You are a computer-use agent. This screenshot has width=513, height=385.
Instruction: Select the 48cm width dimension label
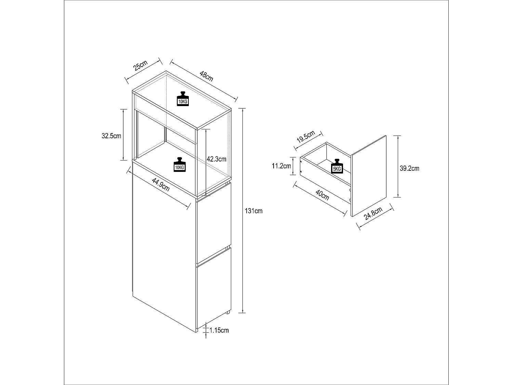pyautogui.click(x=207, y=76)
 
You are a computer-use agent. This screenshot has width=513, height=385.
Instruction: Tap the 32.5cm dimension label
pyautogui.click(x=111, y=136)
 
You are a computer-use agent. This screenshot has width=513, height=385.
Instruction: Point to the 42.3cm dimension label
pyautogui.click(x=216, y=159)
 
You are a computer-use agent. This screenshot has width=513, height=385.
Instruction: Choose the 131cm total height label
pyautogui.click(x=254, y=211)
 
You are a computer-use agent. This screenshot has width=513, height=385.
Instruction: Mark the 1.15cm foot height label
pyautogui.click(x=219, y=330)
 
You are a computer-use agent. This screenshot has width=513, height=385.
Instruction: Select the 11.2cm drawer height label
pyautogui.click(x=281, y=166)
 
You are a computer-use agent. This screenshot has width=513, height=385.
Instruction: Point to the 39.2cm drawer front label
pyautogui.click(x=409, y=168)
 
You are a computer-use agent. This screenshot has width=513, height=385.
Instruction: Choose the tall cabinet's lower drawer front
pyautogui.click(x=214, y=291)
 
